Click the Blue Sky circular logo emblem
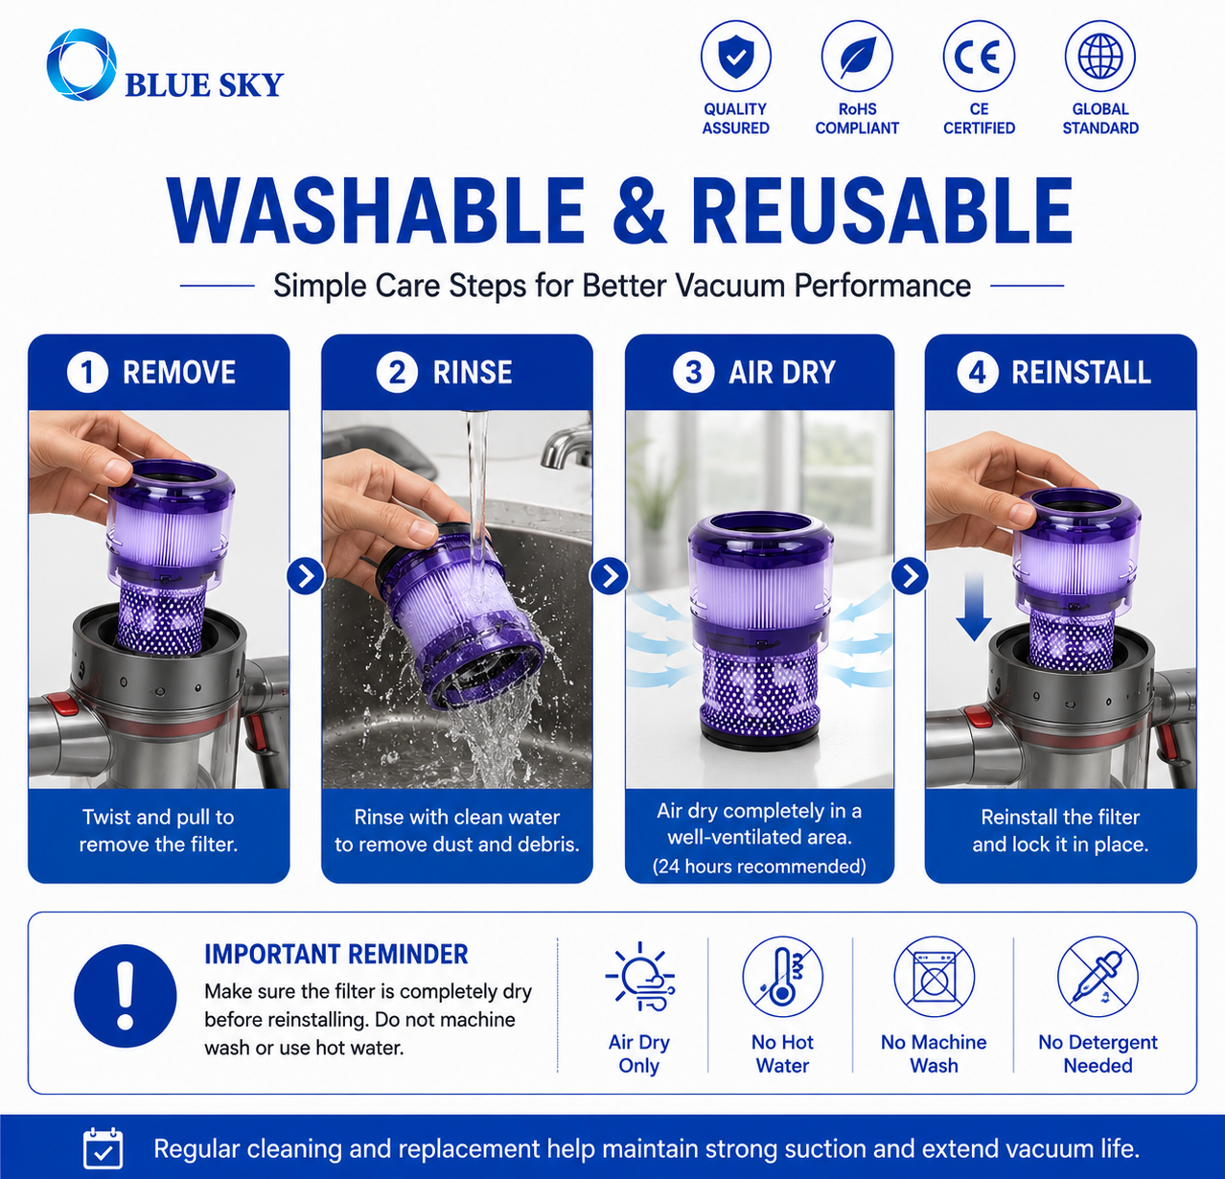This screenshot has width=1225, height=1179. coord(81,65)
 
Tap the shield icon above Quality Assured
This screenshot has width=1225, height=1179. coord(736,56)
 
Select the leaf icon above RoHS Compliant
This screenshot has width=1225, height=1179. coord(857,56)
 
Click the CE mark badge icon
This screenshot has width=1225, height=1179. coord(979,56)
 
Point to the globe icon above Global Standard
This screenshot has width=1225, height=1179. coord(1100,56)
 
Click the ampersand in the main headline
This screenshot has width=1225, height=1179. coord(638,210)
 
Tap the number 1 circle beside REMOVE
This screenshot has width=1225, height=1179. coord(87,372)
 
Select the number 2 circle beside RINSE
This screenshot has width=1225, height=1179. coord(397,372)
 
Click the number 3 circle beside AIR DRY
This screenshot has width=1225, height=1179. coord(693,372)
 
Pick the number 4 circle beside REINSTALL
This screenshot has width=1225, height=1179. coord(978,372)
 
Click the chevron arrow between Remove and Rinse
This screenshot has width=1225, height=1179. coord(306,576)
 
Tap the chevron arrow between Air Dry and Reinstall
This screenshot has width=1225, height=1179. coord(910,576)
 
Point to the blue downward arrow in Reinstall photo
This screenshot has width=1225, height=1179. coord(974,607)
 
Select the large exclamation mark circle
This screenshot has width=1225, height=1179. coord(126,997)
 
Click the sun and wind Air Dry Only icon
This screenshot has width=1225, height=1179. coord(640,977)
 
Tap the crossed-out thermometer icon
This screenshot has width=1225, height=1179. coord(782,977)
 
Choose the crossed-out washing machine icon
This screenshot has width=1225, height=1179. coord(935,977)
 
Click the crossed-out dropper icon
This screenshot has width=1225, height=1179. coord(1098,977)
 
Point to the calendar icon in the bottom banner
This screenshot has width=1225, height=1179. coord(104,1148)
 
